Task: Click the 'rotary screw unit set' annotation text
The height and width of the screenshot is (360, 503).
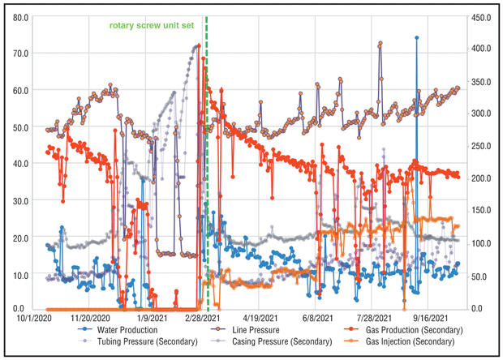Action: point(153,25)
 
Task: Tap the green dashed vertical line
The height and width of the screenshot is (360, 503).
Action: point(207,162)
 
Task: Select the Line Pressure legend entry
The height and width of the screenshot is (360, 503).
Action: point(247,330)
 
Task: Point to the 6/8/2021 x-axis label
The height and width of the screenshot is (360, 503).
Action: point(319,318)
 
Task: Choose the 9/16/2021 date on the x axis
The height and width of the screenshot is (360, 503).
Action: point(430,318)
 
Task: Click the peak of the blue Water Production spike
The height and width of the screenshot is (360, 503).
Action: point(417,37)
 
